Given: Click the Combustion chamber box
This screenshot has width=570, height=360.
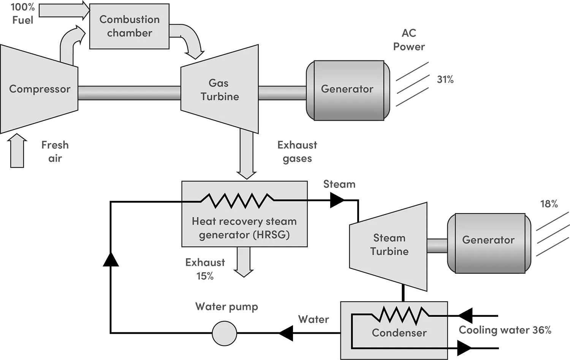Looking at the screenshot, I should point(129,26).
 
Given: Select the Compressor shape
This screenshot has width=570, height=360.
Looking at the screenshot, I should point(39,89).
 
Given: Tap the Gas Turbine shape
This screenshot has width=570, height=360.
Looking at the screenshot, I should point(220,90).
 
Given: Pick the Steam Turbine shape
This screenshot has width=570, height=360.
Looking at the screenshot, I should point(389,245).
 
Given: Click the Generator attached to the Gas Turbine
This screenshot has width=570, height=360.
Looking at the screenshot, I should point(347,90).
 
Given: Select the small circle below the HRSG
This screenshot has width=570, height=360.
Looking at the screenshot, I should point(224,333).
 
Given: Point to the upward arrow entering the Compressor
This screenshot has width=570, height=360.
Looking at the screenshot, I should point(17,152).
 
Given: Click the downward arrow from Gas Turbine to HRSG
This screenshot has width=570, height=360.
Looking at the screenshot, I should point(246,156).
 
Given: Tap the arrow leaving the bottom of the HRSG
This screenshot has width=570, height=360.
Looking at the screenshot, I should point(244,262).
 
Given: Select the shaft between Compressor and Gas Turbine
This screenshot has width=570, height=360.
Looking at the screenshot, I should point(129,93).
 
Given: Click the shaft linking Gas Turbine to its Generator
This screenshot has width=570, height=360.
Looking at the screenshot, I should point(282,93).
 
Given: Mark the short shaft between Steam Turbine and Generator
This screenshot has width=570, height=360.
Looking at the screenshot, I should point(437,245).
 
